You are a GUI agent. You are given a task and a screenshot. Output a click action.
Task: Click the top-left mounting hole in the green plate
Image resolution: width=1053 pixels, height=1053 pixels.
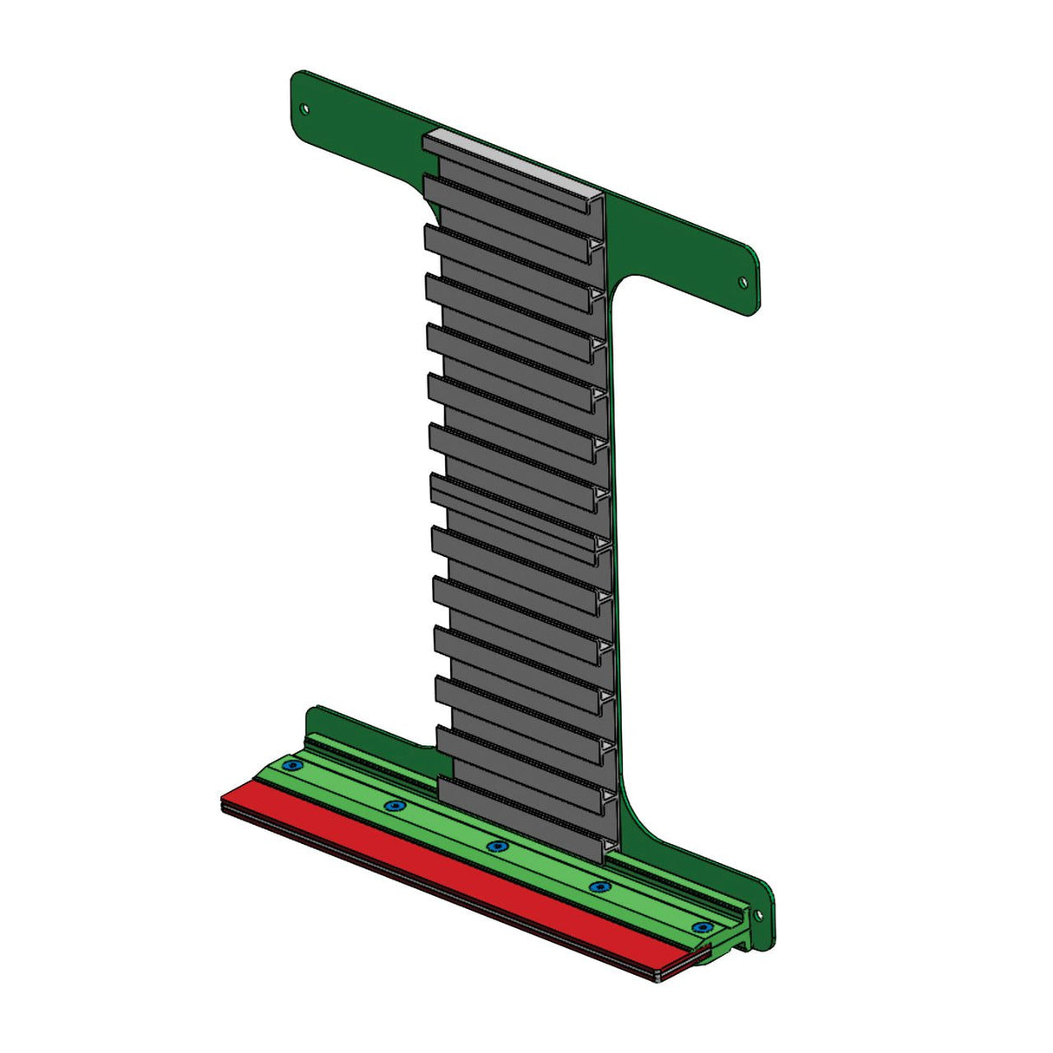(304, 108)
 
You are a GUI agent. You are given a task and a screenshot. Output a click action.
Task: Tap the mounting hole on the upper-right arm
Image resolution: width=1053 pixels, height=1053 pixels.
(742, 282)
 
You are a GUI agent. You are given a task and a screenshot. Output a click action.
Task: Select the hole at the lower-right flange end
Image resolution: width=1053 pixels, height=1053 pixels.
(757, 914)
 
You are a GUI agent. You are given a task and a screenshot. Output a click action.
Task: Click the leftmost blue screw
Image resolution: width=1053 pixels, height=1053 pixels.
(293, 766)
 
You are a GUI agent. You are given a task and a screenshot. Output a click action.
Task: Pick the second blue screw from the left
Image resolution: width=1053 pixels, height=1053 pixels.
(396, 806)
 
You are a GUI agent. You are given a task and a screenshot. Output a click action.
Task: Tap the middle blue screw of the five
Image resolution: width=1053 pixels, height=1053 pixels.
(495, 846)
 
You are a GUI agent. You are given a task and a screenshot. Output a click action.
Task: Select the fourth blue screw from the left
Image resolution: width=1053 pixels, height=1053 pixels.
(598, 886)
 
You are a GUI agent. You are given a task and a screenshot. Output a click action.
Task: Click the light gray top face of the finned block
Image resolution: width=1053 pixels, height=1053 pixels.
(512, 161)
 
